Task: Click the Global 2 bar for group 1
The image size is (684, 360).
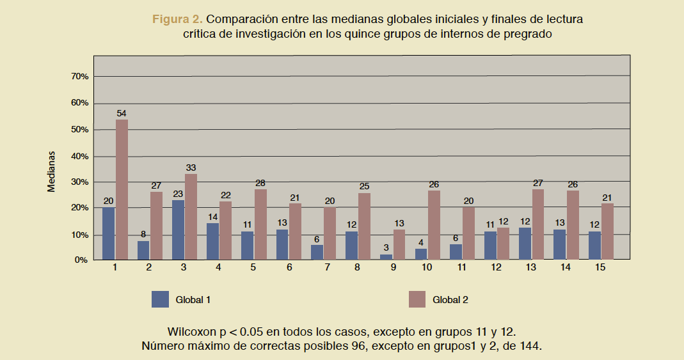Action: (x=122, y=189)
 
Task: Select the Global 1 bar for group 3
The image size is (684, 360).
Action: (x=179, y=230)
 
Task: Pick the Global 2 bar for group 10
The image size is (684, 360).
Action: (x=434, y=224)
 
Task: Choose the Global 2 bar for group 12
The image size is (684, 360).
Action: (x=503, y=243)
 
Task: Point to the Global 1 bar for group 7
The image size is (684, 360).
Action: (x=317, y=252)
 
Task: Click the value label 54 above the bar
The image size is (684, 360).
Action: (x=122, y=113)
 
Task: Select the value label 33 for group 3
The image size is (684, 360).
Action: (x=191, y=168)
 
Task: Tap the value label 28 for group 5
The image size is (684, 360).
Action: (x=260, y=183)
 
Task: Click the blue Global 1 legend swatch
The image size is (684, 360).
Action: (x=160, y=299)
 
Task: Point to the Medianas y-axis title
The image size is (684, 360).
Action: (x=52, y=171)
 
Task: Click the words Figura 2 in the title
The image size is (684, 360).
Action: (x=177, y=19)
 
